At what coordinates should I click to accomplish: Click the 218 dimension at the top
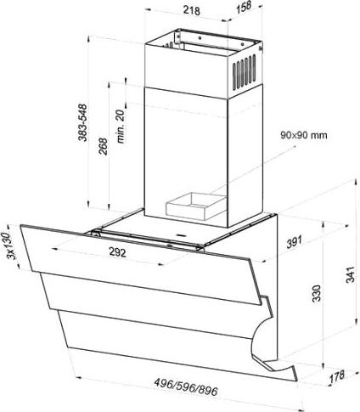(x=192, y=10)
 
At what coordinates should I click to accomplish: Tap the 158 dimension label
(x=243, y=7)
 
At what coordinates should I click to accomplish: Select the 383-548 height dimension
(x=82, y=123)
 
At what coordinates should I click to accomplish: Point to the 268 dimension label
(x=103, y=146)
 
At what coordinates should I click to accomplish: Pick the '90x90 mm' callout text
(x=304, y=135)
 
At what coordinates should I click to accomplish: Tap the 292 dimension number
(x=117, y=251)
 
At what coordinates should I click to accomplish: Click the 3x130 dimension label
(x=11, y=246)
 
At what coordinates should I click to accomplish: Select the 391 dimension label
(x=295, y=242)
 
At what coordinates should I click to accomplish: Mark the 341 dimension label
(x=351, y=274)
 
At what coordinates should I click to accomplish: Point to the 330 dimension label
(x=317, y=293)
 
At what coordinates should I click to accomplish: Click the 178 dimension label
(x=337, y=376)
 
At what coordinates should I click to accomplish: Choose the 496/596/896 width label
(x=186, y=387)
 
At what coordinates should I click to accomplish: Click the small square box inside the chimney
(x=196, y=206)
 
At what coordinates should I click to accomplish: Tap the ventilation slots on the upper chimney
(x=244, y=73)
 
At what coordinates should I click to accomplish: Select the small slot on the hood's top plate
(x=180, y=234)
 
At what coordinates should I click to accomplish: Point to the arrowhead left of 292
(x=54, y=249)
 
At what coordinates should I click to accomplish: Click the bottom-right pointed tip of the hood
(x=297, y=381)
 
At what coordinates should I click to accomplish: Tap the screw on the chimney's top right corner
(x=261, y=48)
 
